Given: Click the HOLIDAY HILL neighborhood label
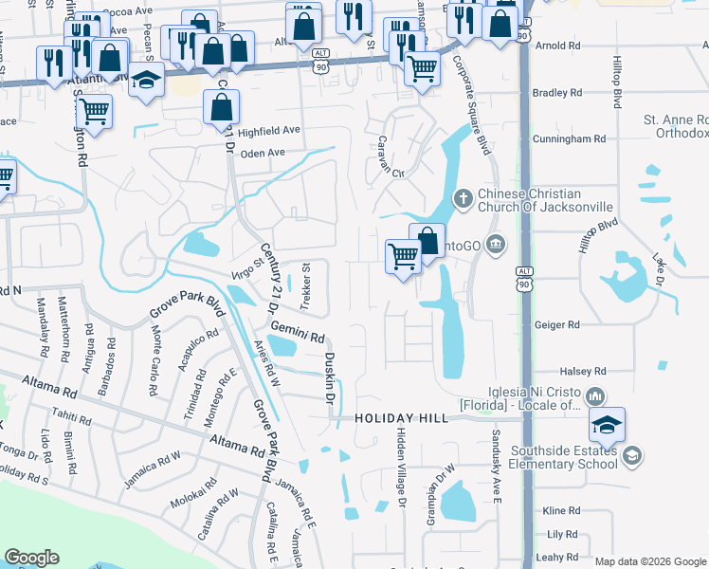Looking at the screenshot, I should [399, 418].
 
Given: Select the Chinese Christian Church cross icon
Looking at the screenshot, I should [463, 199].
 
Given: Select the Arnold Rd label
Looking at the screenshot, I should [557, 46].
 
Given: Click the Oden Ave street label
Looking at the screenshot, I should [263, 153].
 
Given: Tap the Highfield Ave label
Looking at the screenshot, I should [268, 131].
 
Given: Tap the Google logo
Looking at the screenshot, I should [31, 558].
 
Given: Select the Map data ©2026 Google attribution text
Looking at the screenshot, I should [650, 561].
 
